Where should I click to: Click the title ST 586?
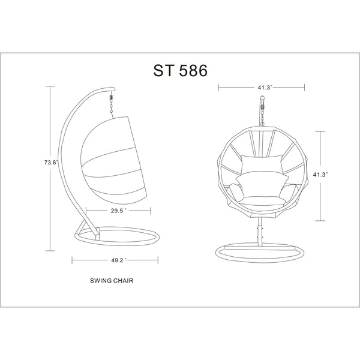[180, 70]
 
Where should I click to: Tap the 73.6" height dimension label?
[51, 163]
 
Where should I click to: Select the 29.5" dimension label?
[118, 211]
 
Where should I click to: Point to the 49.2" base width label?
[118, 260]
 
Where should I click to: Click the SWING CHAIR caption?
[112, 281]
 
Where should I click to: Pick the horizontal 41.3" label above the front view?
[264, 88]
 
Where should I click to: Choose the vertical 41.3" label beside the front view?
[320, 175]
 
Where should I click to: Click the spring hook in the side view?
[112, 96]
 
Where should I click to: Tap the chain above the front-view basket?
[262, 114]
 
